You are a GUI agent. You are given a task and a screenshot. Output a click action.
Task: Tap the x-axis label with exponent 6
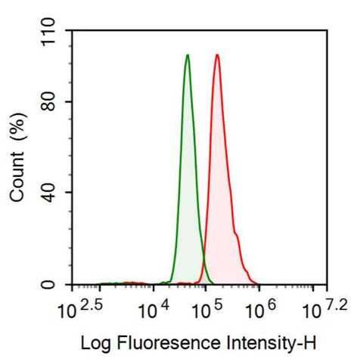click(257, 308)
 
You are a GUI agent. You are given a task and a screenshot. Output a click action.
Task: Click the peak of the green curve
click(187, 55)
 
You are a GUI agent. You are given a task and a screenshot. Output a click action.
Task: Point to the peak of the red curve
click(217, 55)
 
